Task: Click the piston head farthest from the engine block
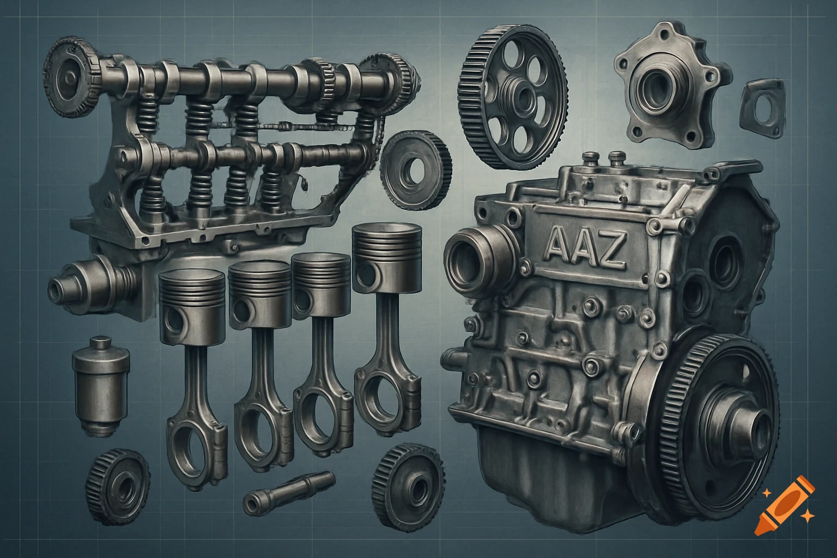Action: click(192, 308)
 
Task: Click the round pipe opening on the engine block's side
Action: click(470, 259)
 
